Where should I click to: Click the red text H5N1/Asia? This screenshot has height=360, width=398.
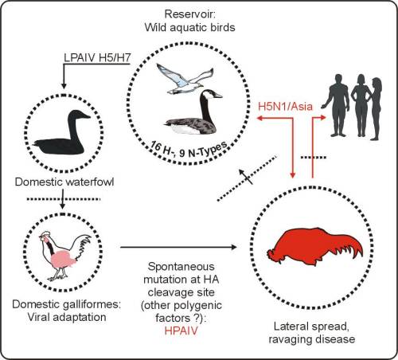click(285, 107)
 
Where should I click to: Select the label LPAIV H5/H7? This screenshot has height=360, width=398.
click(97, 58)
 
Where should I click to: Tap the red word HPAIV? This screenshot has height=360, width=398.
click(181, 331)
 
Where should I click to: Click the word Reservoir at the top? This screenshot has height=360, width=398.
click(189, 14)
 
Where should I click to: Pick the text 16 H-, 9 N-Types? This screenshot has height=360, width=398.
click(189, 150)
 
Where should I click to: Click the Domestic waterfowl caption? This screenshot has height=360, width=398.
click(64, 182)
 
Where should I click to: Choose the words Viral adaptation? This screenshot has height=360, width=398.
click(67, 317)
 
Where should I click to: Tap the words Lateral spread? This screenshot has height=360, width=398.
click(311, 327)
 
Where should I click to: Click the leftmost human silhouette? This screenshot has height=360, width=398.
click(336, 105)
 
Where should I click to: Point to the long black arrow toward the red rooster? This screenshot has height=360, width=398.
click(178, 248)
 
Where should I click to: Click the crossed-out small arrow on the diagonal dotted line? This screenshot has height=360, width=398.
click(246, 177)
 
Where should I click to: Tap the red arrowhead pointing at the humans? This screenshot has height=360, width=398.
click(322, 117)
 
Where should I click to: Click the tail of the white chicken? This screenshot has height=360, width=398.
click(84, 245)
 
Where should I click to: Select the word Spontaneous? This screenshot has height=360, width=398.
click(181, 266)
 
